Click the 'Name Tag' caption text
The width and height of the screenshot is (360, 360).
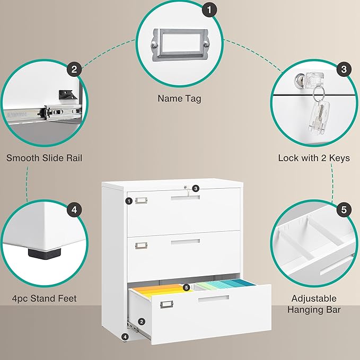coord(179,98)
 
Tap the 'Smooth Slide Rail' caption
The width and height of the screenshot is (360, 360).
coord(44,158)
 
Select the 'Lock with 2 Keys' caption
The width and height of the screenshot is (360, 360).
coord(314,158)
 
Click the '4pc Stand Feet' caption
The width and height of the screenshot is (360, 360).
coord(45,298)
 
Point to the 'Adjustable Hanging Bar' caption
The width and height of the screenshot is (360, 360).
coord(314,304)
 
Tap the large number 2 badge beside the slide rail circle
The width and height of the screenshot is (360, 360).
coord(74,69)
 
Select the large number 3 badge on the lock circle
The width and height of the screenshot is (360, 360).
coord(344,69)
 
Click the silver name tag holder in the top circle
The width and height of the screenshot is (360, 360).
coord(179,43)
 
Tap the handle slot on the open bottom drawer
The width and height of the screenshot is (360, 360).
coord(214,300)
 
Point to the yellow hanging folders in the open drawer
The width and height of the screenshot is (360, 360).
coord(159,292)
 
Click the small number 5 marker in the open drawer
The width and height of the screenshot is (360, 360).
coord(186,287)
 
